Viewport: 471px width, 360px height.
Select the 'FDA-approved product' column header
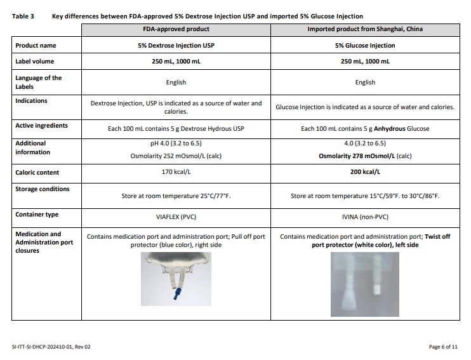click(x=176, y=29)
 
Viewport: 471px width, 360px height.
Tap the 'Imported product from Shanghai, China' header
click(x=365, y=29)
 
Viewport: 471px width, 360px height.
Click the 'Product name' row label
click(x=35, y=46)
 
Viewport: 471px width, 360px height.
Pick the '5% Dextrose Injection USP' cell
click(x=176, y=46)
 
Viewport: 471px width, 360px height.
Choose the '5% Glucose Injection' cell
click(x=365, y=46)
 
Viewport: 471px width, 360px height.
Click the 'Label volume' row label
click(x=34, y=62)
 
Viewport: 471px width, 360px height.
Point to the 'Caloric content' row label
click(x=37, y=172)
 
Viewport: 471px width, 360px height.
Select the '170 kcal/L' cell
click(x=176, y=172)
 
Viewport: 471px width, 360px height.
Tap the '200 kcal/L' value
click(x=365, y=172)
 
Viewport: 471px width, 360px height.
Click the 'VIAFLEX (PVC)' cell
click(x=176, y=215)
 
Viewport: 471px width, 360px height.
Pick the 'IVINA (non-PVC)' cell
click(x=365, y=215)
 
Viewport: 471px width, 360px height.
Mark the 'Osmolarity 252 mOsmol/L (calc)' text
click(x=176, y=156)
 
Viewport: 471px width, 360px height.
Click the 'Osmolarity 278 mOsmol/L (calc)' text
click(x=365, y=156)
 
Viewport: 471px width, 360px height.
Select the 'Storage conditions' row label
click(x=42, y=189)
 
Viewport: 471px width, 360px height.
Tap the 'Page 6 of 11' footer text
click(x=444, y=347)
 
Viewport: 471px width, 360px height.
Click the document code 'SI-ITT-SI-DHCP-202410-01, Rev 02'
click(x=51, y=347)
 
